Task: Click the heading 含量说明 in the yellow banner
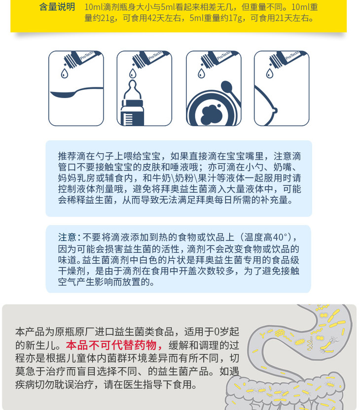(57, 7)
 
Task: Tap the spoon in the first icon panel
(76, 92)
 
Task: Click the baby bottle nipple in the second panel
(133, 90)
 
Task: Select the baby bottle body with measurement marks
(132, 112)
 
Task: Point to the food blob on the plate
(212, 114)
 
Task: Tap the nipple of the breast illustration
(275, 110)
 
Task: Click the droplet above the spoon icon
(65, 73)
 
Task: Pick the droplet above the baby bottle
(133, 73)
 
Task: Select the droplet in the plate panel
(201, 73)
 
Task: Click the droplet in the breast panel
(270, 73)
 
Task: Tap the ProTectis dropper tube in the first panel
(81, 58)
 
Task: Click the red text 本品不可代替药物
(114, 345)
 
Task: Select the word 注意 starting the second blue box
(67, 237)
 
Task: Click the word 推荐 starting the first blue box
(67, 156)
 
